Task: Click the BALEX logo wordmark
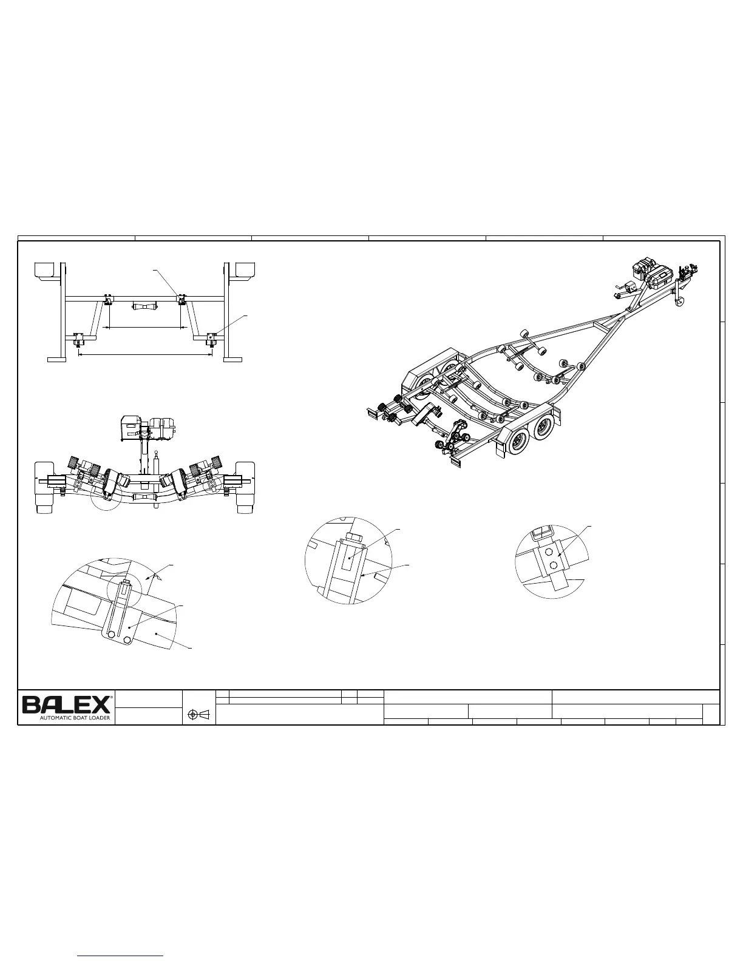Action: coord(66,704)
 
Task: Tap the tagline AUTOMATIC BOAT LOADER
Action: coord(75,718)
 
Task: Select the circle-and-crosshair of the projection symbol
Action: coord(192,715)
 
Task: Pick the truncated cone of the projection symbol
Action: coord(205,715)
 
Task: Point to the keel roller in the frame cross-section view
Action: coord(144,306)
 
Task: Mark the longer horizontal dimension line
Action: coord(145,354)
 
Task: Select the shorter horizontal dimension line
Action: coord(144,328)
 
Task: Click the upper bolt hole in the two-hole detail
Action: coord(549,552)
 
